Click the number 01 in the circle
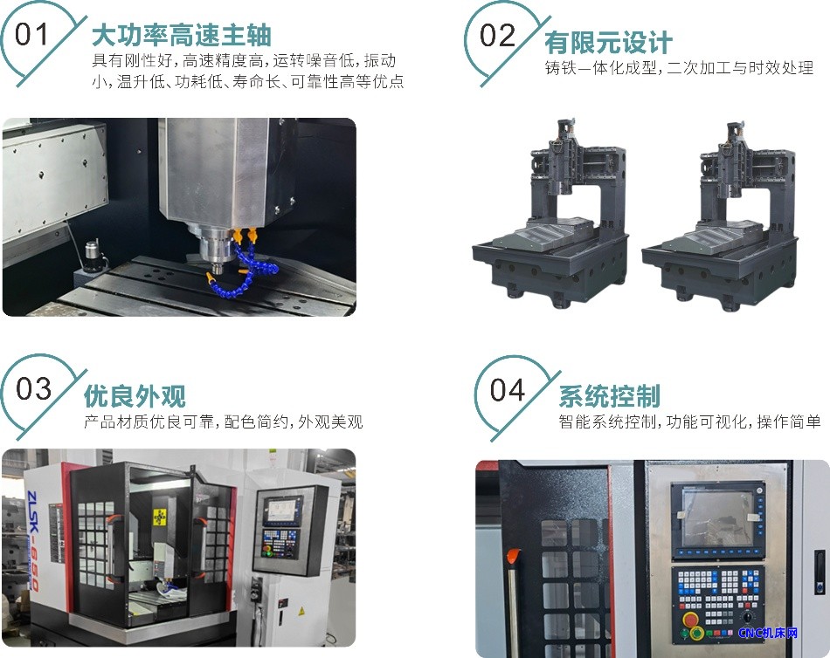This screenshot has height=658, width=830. (x=31, y=34)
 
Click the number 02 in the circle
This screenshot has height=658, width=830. (x=498, y=36)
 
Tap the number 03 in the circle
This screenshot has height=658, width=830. (x=33, y=388)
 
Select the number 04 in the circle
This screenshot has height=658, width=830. (x=507, y=390)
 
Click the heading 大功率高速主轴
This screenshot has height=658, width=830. (x=182, y=36)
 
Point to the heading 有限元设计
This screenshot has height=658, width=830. (x=608, y=42)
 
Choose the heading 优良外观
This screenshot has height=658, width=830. (x=135, y=395)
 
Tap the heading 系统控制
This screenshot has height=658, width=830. (x=609, y=396)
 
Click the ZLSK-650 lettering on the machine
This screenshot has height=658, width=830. (x=33, y=540)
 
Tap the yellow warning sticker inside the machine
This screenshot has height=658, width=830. (x=159, y=517)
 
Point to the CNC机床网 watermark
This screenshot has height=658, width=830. (x=768, y=633)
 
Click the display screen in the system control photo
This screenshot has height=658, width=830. (x=718, y=518)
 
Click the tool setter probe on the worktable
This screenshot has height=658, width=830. (x=93, y=256)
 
